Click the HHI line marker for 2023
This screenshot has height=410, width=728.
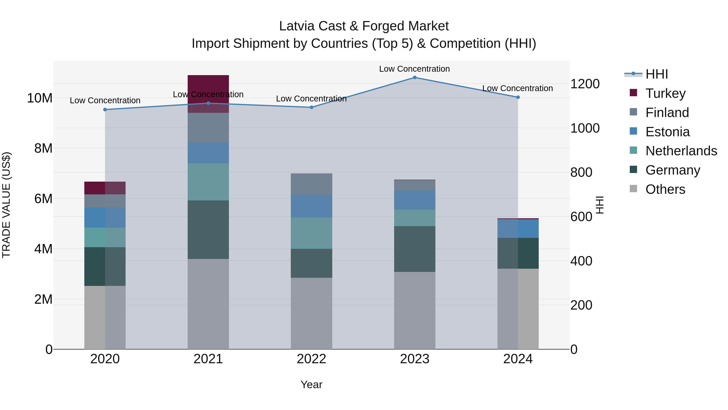coord(415,77)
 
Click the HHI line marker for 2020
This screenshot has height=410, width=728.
coord(105,110)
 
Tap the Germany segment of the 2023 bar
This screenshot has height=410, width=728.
coord(415,249)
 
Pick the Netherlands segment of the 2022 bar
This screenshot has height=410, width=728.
coord(311,233)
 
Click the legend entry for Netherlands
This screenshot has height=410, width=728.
coord(681,151)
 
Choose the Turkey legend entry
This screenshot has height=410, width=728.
coord(665,93)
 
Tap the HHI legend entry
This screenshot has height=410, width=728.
coord(656,74)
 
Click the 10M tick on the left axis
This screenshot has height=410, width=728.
coord(40,98)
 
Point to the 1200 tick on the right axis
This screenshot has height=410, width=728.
coord(585,84)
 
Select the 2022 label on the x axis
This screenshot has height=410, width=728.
coord(311,359)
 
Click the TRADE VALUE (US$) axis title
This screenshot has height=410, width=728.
coord(6,205)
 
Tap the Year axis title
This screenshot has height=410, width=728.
coord(311,384)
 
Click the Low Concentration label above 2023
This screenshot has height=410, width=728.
coord(414,69)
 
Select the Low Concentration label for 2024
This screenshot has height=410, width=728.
coord(517,88)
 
